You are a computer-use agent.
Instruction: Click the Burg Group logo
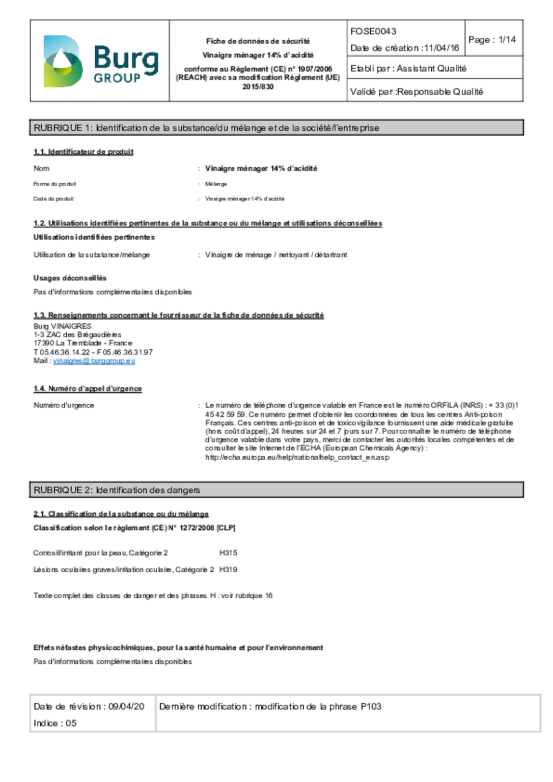pos(100,61)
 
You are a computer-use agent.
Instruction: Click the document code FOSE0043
pos(373,32)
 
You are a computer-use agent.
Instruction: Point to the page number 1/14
pos(507,40)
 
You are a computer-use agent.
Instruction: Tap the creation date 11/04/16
pos(441,48)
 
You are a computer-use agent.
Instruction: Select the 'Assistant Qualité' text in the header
pos(431,69)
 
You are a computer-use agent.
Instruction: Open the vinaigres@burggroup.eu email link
pos(94,361)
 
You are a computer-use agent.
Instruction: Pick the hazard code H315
pos(228,553)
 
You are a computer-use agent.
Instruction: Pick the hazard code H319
pos(228,570)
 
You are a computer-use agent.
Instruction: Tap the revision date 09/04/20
pos(126,707)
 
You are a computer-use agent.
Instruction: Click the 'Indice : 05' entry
pos(55,723)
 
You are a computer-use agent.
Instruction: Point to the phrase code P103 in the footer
pos(371,707)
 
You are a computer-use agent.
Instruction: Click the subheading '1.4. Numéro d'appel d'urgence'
pos(88,389)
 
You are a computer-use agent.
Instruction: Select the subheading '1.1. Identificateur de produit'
pos(84,152)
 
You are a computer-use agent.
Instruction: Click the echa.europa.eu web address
pos(297,458)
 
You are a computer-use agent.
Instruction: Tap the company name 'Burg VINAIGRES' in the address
pos(63,326)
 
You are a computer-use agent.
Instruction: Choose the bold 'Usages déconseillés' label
pos(70,278)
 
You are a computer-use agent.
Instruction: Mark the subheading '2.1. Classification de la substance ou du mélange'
pos(121,514)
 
